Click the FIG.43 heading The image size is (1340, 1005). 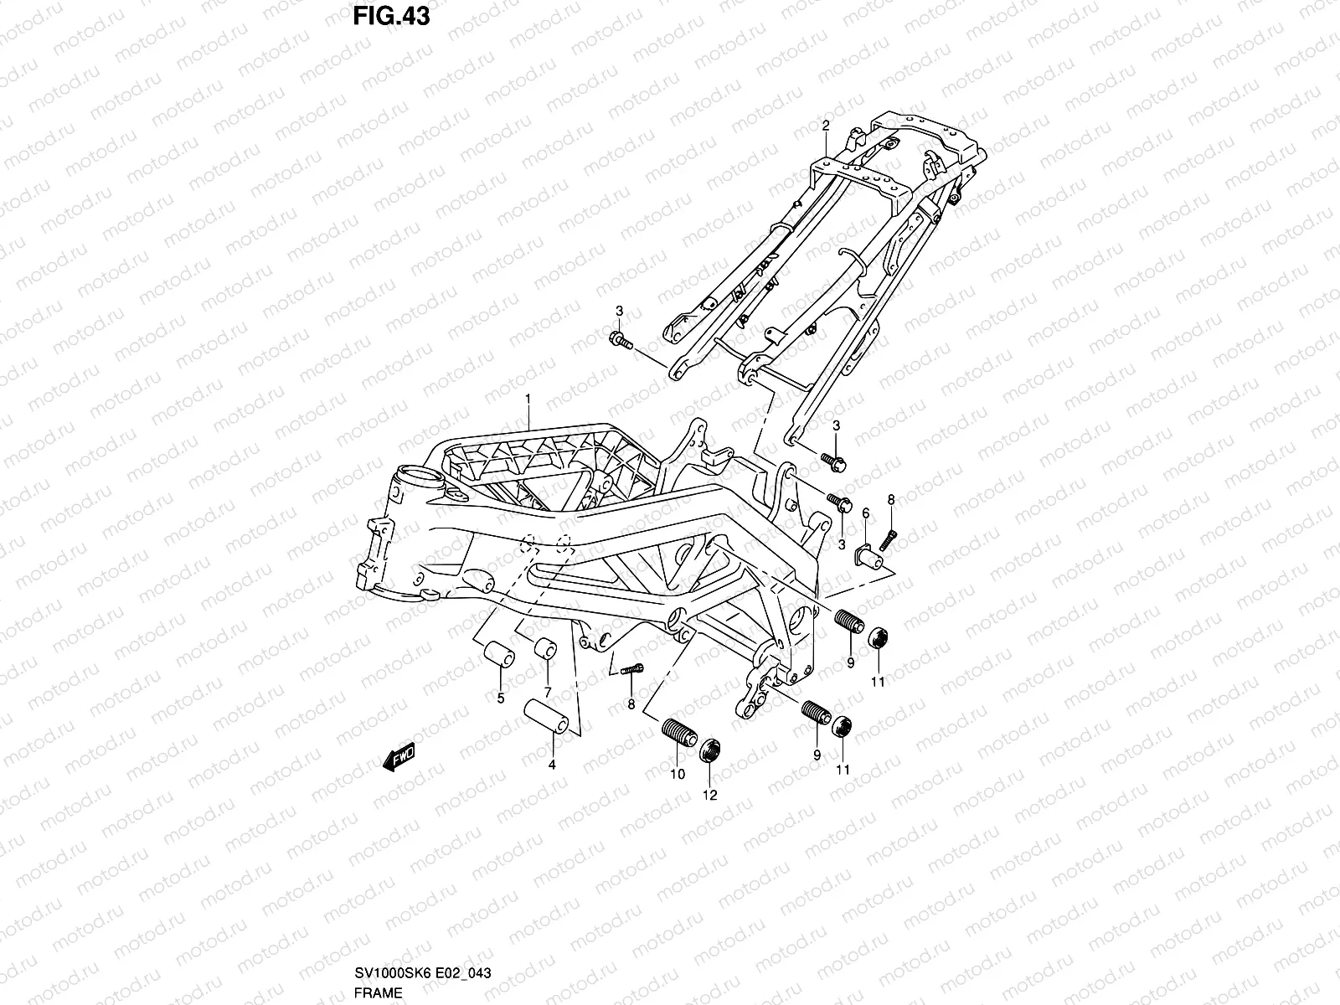391,17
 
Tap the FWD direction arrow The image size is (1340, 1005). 399,756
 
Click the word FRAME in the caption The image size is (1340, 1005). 378,992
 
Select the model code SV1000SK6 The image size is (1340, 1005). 393,972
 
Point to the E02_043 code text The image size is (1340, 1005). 463,972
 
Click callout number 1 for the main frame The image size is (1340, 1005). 528,399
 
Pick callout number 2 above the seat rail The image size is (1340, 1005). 826,126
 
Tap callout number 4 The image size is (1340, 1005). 552,765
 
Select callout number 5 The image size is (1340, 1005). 501,698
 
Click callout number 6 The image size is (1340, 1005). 866,513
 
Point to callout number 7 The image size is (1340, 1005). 548,693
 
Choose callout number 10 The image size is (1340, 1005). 678,775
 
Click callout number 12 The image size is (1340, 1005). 710,795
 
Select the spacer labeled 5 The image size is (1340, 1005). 499,654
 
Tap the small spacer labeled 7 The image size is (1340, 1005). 545,648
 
